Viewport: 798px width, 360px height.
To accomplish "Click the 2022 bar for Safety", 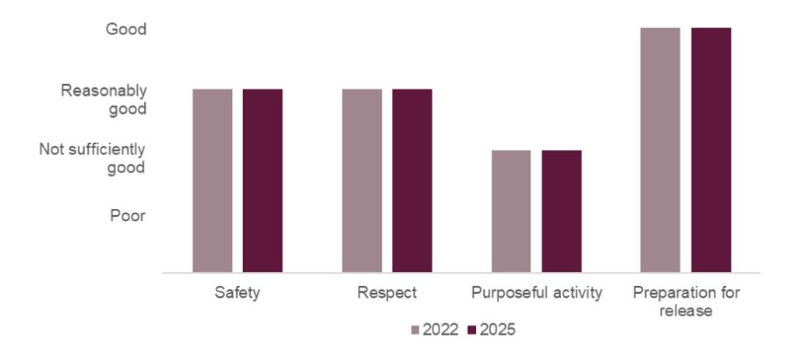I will tap(212, 181).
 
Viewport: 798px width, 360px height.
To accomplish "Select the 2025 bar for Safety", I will tap(262, 181).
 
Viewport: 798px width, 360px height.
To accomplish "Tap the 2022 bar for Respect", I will tap(362, 181).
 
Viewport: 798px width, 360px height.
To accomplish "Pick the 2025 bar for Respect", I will tap(411, 181).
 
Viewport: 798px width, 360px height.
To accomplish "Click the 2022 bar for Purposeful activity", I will tap(511, 211).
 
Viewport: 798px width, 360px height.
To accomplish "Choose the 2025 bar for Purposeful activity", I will tap(561, 211).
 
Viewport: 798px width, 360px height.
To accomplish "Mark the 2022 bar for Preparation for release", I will tap(660, 150).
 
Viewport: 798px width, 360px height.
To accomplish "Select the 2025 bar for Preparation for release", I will tap(711, 150).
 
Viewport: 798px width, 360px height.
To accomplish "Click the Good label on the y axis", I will tap(126, 30).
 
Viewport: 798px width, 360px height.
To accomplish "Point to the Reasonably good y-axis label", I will tap(104, 100).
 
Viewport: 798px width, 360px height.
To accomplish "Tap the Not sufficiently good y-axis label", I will tap(93, 158).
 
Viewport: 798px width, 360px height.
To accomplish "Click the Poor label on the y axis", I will tap(127, 216).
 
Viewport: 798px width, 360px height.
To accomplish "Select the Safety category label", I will tap(237, 294).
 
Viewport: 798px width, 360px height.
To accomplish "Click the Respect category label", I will tap(387, 294).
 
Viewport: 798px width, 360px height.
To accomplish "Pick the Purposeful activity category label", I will tap(536, 294).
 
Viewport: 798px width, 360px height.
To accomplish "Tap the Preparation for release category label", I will tap(686, 302).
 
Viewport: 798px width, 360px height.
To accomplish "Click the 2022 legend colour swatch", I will tap(415, 330).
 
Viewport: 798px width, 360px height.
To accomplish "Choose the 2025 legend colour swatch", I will tap(471, 330).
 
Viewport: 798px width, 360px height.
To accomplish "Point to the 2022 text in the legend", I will tap(440, 330).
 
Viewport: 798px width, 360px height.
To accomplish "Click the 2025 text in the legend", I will tap(497, 330).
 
